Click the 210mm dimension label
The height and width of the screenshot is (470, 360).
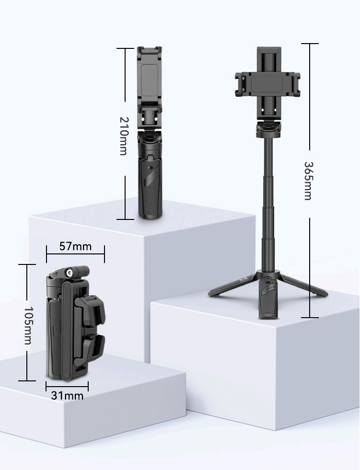(x=124, y=136)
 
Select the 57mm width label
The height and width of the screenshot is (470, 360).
(x=75, y=247)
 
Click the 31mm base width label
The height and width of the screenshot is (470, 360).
(x=67, y=396)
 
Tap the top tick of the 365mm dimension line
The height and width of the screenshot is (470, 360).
(x=310, y=44)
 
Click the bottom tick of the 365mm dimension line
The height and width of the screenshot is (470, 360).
(x=310, y=317)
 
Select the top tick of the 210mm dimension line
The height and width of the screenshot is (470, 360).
(x=125, y=48)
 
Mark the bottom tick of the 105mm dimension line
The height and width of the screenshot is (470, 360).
(x=27, y=380)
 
